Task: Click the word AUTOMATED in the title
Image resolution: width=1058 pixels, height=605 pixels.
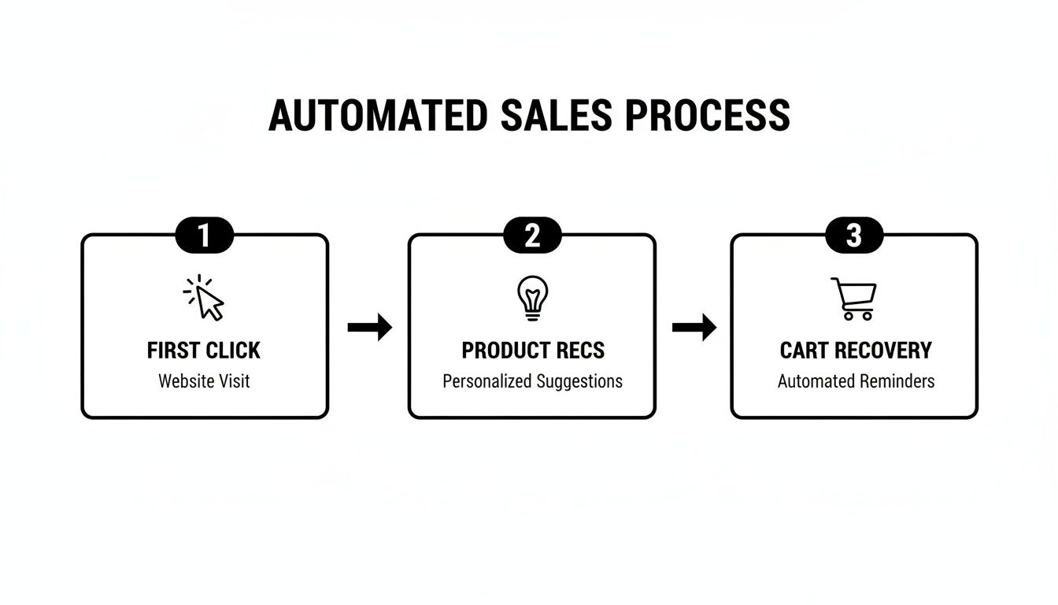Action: tap(378, 116)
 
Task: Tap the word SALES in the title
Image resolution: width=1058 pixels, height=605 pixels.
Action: tap(556, 116)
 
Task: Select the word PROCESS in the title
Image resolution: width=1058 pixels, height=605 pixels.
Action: tap(708, 116)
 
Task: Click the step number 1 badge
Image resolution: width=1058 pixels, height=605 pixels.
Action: tap(204, 236)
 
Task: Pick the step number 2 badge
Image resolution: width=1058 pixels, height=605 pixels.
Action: tap(532, 236)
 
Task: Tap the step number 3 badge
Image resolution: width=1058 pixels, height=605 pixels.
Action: tap(854, 236)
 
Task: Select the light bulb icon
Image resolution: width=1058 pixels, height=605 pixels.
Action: tap(532, 298)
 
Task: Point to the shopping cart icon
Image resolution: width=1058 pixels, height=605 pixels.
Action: tap(854, 299)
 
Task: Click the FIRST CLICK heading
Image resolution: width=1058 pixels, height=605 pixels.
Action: tap(204, 351)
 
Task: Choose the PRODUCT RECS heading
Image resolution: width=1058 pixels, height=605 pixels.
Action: tap(533, 351)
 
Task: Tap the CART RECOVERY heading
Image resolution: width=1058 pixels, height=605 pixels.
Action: tap(856, 351)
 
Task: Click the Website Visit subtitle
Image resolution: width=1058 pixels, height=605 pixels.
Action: tap(204, 381)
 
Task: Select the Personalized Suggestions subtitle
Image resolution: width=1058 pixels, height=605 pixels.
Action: tap(532, 381)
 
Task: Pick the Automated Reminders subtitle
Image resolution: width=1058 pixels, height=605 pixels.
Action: tap(856, 381)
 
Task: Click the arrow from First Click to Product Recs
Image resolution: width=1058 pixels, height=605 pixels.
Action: tap(369, 327)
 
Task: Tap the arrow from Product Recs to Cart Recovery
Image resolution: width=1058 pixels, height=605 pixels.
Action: tap(694, 327)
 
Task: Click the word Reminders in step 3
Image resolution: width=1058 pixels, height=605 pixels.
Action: tap(896, 381)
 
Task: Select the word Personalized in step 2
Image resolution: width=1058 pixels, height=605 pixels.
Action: tap(486, 381)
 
